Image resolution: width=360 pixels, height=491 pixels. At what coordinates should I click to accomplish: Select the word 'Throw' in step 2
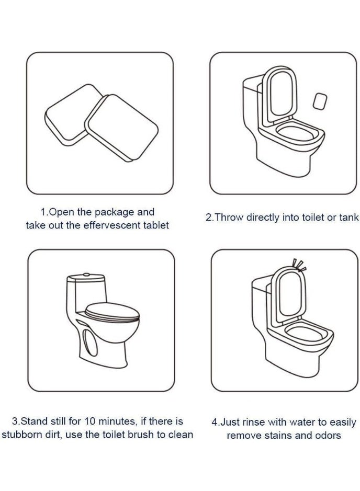pyautogui.click(x=229, y=218)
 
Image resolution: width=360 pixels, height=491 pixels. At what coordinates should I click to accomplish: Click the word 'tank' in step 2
pyautogui.click(x=348, y=218)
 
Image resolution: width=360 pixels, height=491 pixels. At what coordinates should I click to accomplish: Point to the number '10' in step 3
pyautogui.click(x=90, y=421)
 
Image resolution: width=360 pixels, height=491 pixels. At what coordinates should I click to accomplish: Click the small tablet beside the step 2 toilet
pyautogui.click(x=320, y=101)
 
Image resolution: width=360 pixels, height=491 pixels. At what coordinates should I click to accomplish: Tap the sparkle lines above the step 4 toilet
pyautogui.click(x=299, y=265)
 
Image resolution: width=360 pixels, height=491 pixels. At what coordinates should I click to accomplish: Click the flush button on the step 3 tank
pyautogui.click(x=86, y=275)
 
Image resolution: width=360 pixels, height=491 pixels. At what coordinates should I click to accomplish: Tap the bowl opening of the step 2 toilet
pyautogui.click(x=295, y=133)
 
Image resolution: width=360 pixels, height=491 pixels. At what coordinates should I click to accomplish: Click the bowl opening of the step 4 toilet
pyautogui.click(x=305, y=335)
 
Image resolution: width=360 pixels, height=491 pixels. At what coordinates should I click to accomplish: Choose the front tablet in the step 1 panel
pyautogui.click(x=122, y=128)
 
